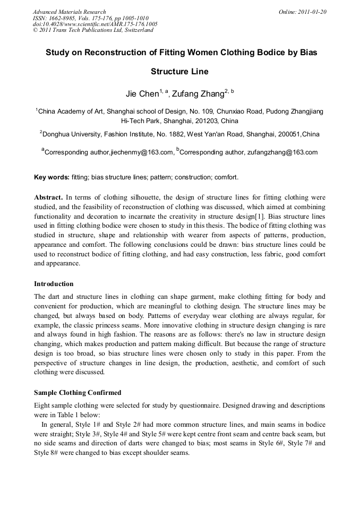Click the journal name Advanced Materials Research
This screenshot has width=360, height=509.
point(69,12)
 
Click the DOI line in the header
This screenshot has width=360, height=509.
point(95,24)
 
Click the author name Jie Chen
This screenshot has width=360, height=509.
point(142,94)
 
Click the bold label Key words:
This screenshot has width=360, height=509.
point(52,177)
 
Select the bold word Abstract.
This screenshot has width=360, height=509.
point(48,197)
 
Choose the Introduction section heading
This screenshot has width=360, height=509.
point(54,284)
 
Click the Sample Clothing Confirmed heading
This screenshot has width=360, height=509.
point(78,393)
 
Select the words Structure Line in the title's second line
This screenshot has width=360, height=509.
point(179,71)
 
